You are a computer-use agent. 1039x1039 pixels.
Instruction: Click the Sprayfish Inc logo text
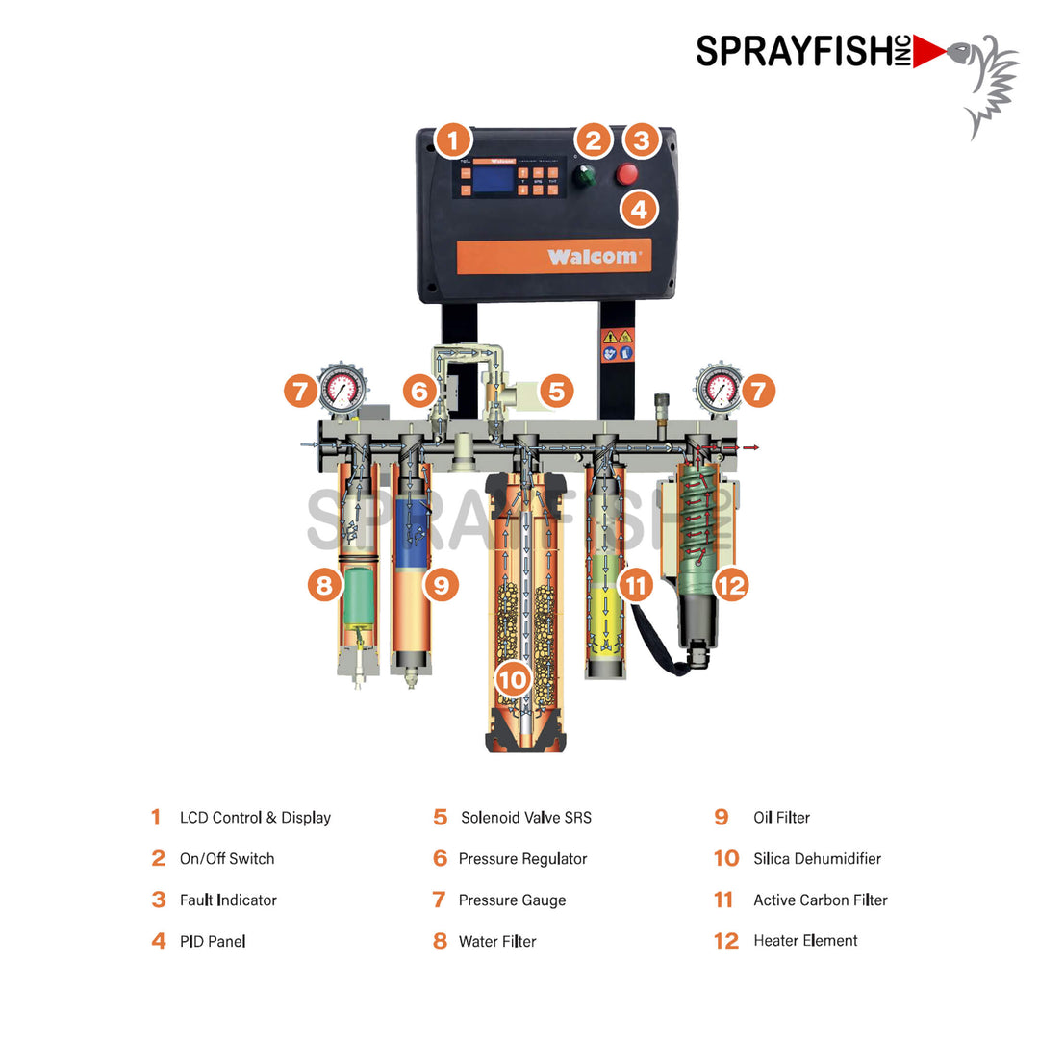(x=803, y=50)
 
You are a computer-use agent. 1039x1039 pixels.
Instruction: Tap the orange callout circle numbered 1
(x=453, y=140)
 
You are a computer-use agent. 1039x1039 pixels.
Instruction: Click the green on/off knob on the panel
(x=584, y=176)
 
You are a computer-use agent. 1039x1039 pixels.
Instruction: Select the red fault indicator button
(x=627, y=174)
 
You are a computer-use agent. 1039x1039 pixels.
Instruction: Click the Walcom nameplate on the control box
(x=554, y=256)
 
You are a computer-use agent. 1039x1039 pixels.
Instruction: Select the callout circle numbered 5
(x=556, y=392)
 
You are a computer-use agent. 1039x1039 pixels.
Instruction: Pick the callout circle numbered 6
(x=420, y=392)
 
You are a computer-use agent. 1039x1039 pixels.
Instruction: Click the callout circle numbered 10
(x=514, y=680)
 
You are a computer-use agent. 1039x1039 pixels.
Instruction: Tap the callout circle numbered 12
(x=731, y=584)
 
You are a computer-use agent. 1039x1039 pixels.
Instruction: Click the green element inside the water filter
(x=357, y=596)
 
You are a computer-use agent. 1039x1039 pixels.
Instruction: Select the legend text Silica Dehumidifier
(x=817, y=859)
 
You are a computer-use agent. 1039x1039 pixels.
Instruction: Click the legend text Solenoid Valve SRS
(x=525, y=818)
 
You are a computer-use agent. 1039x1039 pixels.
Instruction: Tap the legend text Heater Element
(x=805, y=941)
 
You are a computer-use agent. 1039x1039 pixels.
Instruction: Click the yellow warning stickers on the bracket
(x=617, y=344)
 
